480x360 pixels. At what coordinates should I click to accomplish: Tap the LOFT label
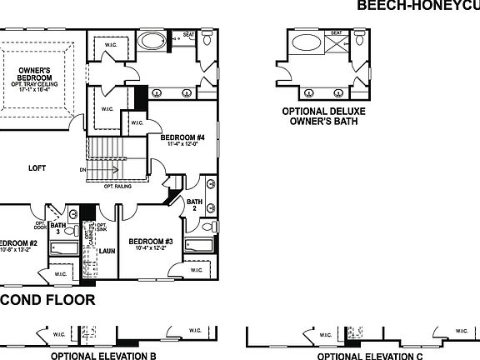click(37, 167)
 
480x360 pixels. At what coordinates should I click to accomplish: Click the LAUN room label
click(106, 250)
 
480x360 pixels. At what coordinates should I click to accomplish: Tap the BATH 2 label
click(194, 205)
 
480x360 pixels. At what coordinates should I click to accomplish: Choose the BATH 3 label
click(57, 227)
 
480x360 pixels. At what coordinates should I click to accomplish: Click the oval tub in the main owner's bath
click(152, 40)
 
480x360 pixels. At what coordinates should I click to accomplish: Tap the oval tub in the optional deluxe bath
click(306, 43)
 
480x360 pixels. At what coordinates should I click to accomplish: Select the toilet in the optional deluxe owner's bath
click(359, 39)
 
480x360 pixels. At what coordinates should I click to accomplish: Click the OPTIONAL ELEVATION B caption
click(104, 354)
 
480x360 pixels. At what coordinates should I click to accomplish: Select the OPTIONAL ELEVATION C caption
click(362, 354)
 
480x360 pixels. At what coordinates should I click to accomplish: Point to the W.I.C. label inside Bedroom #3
click(194, 271)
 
